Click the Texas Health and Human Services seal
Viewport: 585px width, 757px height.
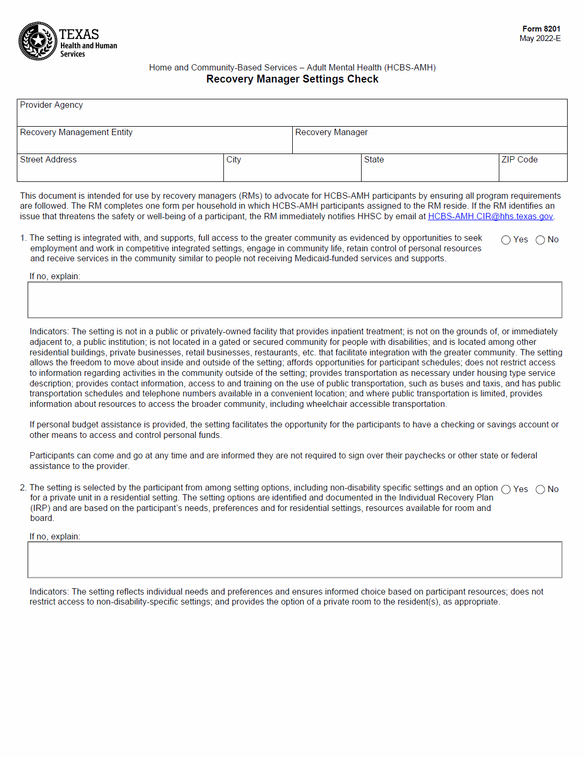(x=38, y=41)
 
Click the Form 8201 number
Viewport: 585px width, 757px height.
(x=541, y=29)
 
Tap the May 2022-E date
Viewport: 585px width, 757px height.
(x=540, y=38)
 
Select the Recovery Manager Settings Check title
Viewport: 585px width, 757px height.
(x=292, y=79)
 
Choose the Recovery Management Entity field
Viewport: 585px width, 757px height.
(x=155, y=143)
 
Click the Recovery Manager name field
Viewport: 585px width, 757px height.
(x=429, y=143)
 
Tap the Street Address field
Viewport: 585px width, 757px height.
(x=120, y=170)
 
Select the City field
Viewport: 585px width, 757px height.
(x=292, y=170)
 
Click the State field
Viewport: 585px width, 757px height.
(x=429, y=170)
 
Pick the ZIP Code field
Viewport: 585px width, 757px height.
(x=532, y=170)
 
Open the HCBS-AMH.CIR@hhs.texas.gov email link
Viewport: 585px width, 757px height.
(x=490, y=217)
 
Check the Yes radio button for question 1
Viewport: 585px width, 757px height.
(x=506, y=240)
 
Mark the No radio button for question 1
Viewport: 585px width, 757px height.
(x=540, y=240)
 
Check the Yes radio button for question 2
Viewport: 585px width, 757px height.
(x=506, y=490)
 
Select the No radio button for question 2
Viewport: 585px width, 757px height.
(x=540, y=490)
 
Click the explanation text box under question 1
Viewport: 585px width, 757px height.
(x=294, y=300)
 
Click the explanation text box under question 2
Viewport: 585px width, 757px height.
(x=294, y=560)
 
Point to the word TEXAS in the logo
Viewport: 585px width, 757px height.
(x=79, y=34)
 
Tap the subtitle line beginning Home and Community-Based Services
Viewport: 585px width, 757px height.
(x=292, y=68)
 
